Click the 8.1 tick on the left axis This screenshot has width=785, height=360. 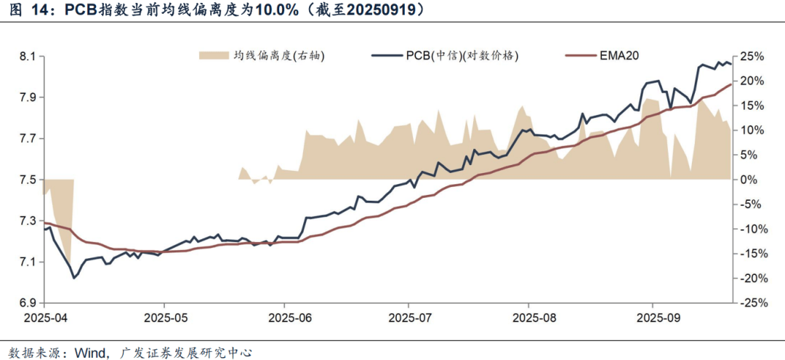tap(28, 57)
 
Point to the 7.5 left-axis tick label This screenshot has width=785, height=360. tap(28, 180)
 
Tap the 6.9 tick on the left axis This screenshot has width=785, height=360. tap(28, 303)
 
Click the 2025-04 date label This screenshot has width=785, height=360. tap(45, 318)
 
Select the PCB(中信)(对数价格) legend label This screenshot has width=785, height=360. tap(462, 55)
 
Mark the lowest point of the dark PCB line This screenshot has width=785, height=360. tap(73, 278)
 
